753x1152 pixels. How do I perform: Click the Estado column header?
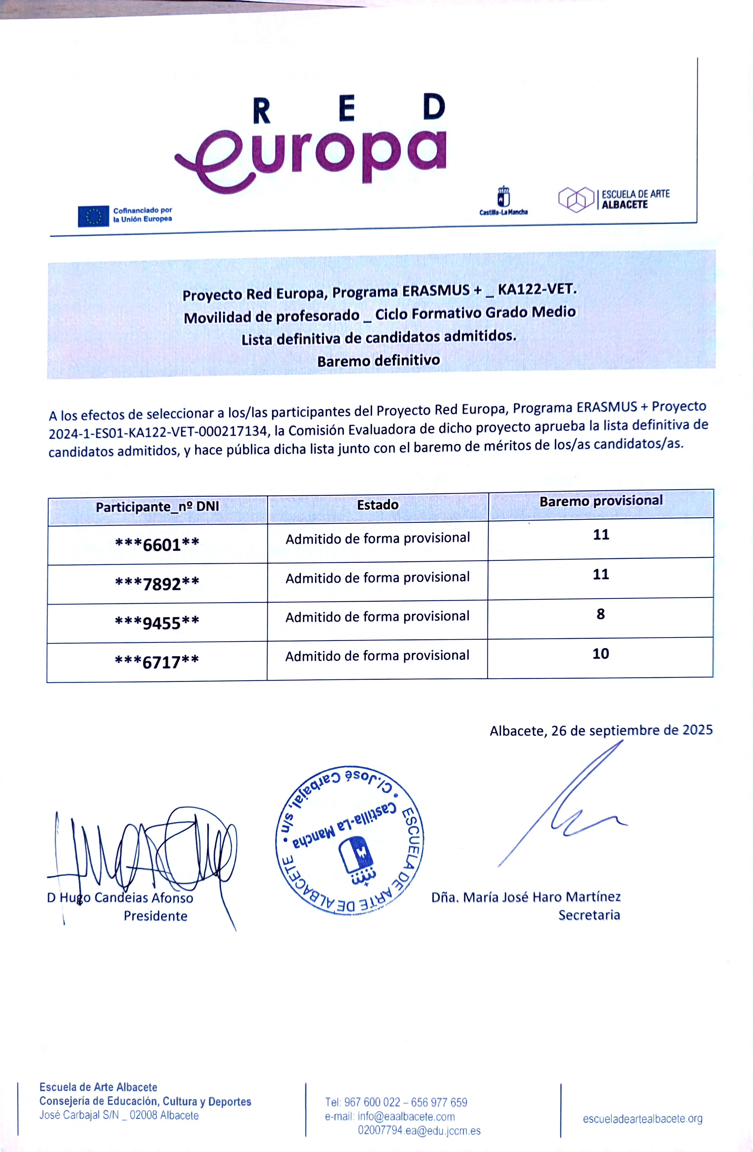point(378,505)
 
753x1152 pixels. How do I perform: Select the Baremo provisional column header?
point(601,501)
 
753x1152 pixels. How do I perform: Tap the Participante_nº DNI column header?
point(157,507)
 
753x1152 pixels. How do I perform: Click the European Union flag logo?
point(93,216)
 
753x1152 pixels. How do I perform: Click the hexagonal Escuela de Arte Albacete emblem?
point(576,199)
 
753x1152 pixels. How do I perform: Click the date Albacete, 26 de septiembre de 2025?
point(601,730)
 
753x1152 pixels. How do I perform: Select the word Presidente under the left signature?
point(155,916)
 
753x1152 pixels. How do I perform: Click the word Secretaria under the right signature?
point(589,915)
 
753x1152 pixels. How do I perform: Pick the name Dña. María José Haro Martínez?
point(526,897)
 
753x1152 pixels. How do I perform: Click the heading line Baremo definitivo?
point(379,360)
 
